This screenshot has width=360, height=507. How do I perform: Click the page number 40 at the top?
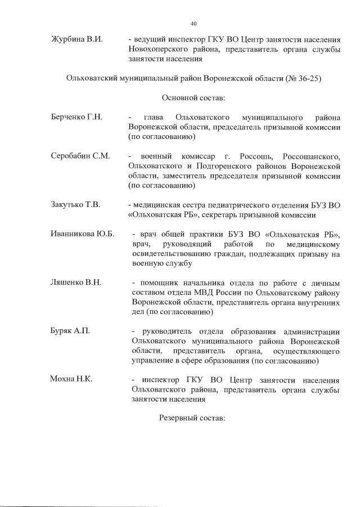(x=193, y=23)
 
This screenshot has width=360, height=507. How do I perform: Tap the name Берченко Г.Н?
(x=76, y=117)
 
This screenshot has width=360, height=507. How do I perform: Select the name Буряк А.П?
(x=70, y=331)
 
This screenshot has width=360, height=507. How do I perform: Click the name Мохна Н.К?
(x=71, y=379)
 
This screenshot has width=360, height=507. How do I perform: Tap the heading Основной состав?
(x=193, y=98)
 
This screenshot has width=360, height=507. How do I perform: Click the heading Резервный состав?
(x=192, y=419)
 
